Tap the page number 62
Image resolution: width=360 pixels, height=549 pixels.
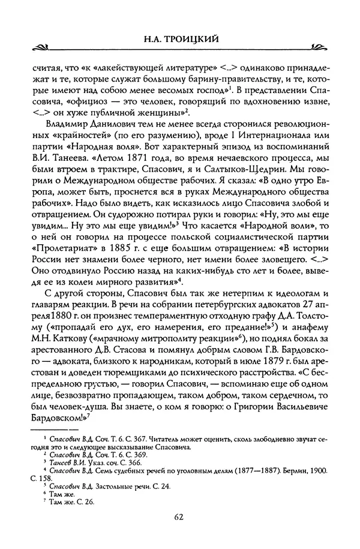[180, 515]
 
